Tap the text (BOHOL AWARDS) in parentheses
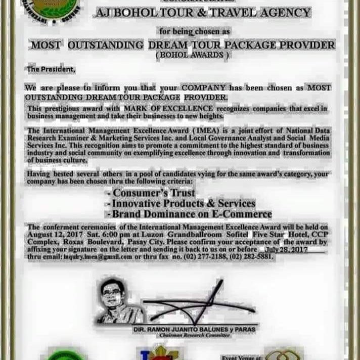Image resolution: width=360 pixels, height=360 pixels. click(194, 55)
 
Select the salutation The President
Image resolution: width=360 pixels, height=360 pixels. click(51, 70)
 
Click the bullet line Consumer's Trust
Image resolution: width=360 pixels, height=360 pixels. click(151, 193)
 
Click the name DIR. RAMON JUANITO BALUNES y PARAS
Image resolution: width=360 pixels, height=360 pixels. click(202, 329)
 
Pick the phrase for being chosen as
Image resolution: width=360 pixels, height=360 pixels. click(194, 32)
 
